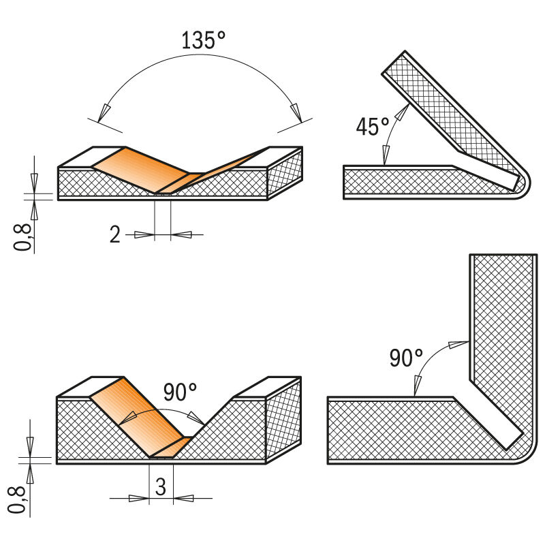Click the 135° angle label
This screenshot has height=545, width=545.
[x=203, y=40]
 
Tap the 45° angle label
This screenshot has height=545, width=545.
[x=373, y=126]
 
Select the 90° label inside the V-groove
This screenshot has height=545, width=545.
[x=181, y=392]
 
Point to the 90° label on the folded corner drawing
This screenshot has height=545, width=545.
[x=407, y=358]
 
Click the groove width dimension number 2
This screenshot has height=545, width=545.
[x=115, y=235]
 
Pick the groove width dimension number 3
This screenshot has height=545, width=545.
[x=161, y=487]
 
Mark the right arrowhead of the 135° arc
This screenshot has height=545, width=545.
[x=295, y=110]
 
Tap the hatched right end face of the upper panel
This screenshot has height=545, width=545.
[x=285, y=173]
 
